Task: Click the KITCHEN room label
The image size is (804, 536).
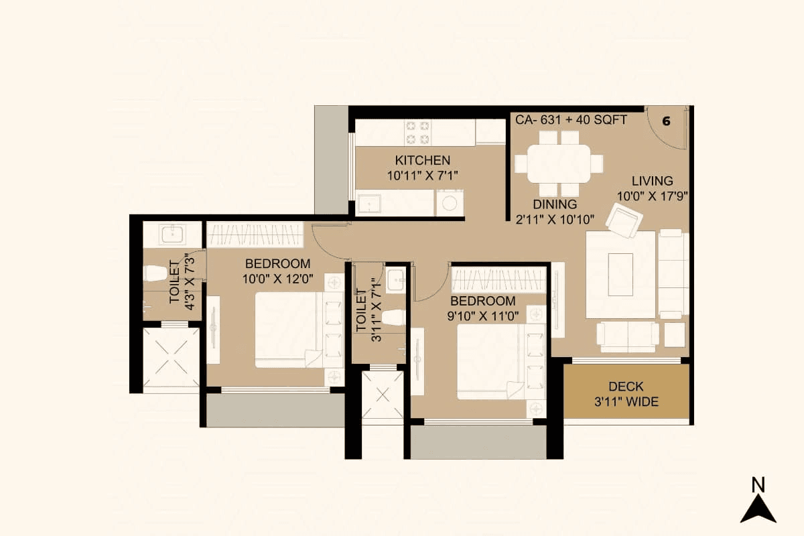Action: click(x=422, y=160)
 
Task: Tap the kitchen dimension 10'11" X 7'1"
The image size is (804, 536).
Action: click(x=422, y=176)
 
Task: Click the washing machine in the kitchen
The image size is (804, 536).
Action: click(x=450, y=202)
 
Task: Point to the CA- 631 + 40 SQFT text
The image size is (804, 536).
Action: click(x=570, y=120)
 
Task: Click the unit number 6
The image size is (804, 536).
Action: click(x=666, y=121)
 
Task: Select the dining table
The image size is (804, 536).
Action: click(x=559, y=164)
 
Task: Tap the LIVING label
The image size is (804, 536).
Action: click(x=652, y=181)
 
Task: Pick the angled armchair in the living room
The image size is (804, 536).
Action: click(x=624, y=220)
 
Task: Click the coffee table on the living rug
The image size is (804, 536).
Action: click(x=620, y=274)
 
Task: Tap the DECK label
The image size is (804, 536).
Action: click(x=626, y=387)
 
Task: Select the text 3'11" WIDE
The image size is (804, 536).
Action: click(x=626, y=402)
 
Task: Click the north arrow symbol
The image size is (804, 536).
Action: click(x=758, y=509)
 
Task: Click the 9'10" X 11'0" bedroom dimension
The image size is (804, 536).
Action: click(x=482, y=316)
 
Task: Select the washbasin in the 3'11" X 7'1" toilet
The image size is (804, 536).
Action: click(x=395, y=279)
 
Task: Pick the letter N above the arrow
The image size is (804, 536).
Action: click(x=758, y=484)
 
